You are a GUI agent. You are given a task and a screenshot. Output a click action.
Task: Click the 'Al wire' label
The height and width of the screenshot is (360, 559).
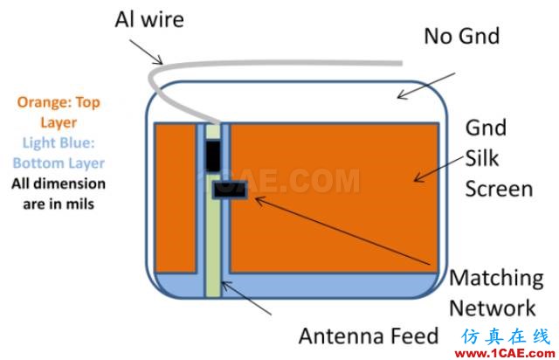149,19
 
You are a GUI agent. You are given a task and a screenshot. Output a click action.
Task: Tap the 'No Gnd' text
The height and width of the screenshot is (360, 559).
462,36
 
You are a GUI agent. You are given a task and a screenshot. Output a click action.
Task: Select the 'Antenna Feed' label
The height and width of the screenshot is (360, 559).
369,336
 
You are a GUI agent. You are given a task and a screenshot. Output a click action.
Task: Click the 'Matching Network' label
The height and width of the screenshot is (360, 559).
496,293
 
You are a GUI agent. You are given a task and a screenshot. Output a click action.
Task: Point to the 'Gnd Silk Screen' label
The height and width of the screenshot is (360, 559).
499,158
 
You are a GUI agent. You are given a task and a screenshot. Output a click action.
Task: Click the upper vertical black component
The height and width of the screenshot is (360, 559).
213,156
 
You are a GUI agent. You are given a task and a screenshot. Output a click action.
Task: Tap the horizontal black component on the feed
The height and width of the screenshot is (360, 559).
230,190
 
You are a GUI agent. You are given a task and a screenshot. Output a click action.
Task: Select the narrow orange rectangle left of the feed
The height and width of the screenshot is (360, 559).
176,198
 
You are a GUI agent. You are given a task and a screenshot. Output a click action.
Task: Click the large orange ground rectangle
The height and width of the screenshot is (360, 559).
334,198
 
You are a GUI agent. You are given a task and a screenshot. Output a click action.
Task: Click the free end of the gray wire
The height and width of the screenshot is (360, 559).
402,64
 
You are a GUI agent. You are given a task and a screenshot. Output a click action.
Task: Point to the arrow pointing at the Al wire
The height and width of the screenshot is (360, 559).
146,52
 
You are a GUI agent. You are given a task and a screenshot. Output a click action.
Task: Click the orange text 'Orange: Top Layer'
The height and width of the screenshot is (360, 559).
59,112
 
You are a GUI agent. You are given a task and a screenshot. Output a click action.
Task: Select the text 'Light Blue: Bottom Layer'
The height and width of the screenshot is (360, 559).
59,153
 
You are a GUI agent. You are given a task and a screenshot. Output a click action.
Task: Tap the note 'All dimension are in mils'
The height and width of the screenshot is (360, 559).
59,194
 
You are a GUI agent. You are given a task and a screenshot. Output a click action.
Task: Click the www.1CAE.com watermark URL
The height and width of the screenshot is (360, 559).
505,354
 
